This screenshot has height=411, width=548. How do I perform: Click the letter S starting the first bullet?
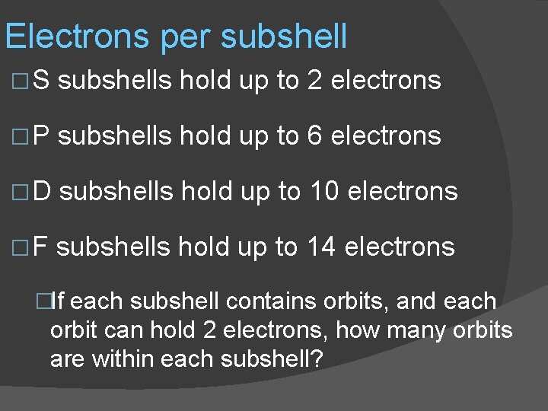[41, 80]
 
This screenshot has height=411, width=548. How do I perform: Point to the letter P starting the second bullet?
[42, 136]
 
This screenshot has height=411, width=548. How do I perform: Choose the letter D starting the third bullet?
[43, 192]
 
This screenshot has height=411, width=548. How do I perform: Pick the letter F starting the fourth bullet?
[41, 247]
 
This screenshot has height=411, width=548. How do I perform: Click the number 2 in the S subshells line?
[314, 80]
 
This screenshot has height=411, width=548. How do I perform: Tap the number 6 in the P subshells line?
[314, 136]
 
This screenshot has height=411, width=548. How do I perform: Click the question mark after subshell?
[317, 358]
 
